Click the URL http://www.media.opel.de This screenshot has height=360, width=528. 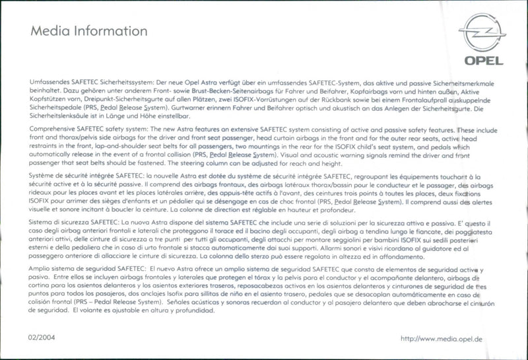pyautogui.click(x=442, y=339)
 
